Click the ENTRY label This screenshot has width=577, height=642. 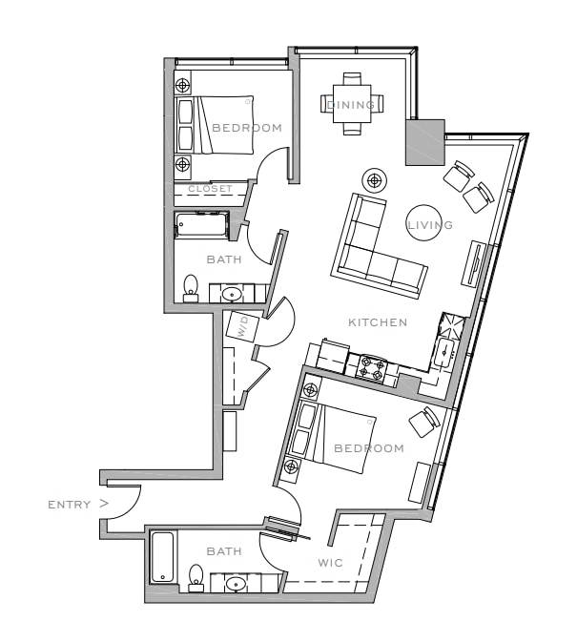(x=70, y=505)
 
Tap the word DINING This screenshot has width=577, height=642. (x=351, y=105)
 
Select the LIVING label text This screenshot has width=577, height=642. (x=430, y=225)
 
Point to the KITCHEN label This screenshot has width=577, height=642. (x=378, y=322)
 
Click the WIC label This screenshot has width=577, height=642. (x=330, y=563)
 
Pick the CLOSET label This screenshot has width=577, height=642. (x=210, y=189)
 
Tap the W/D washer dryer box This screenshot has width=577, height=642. (x=242, y=327)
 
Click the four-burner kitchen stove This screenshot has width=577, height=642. (x=371, y=367)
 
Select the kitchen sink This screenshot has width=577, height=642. (x=444, y=353)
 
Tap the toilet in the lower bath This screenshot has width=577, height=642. (x=196, y=578)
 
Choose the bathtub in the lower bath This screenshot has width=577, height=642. (x=162, y=557)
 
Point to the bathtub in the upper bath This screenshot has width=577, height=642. (x=201, y=224)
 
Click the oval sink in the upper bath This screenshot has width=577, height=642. (x=232, y=294)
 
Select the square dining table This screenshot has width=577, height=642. (x=352, y=104)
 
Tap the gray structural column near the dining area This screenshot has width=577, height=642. (x=425, y=142)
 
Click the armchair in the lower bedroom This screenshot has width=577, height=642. (x=424, y=422)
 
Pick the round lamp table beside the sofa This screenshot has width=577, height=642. (x=375, y=179)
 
